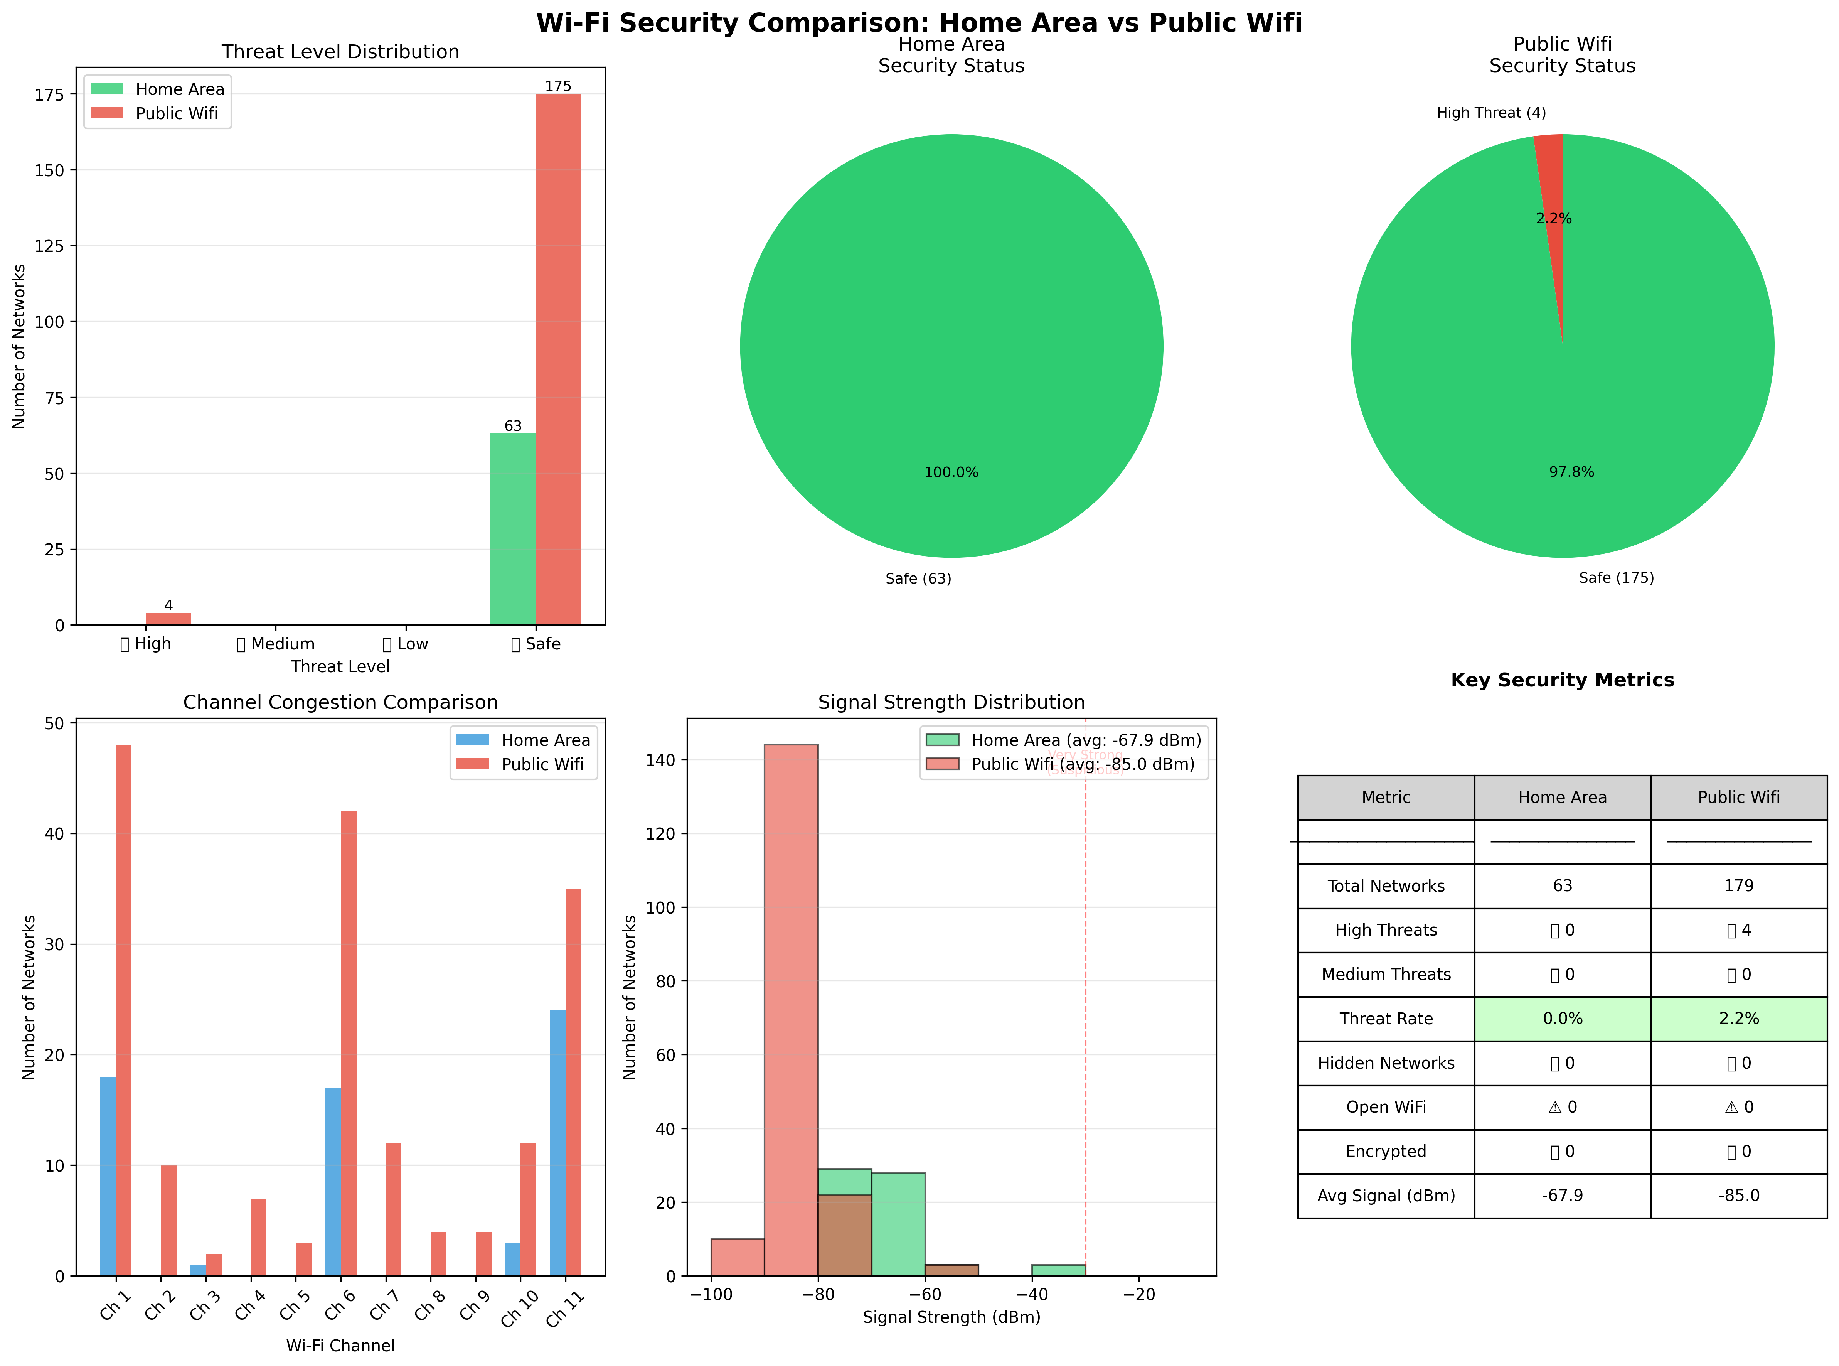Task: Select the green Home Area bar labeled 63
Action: coord(512,529)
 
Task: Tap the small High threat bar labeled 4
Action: coord(168,619)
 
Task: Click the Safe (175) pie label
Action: coord(1616,578)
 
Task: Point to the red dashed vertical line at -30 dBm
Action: coord(1085,1034)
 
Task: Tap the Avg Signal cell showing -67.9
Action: coord(1562,1196)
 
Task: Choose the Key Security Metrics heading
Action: coord(1562,680)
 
